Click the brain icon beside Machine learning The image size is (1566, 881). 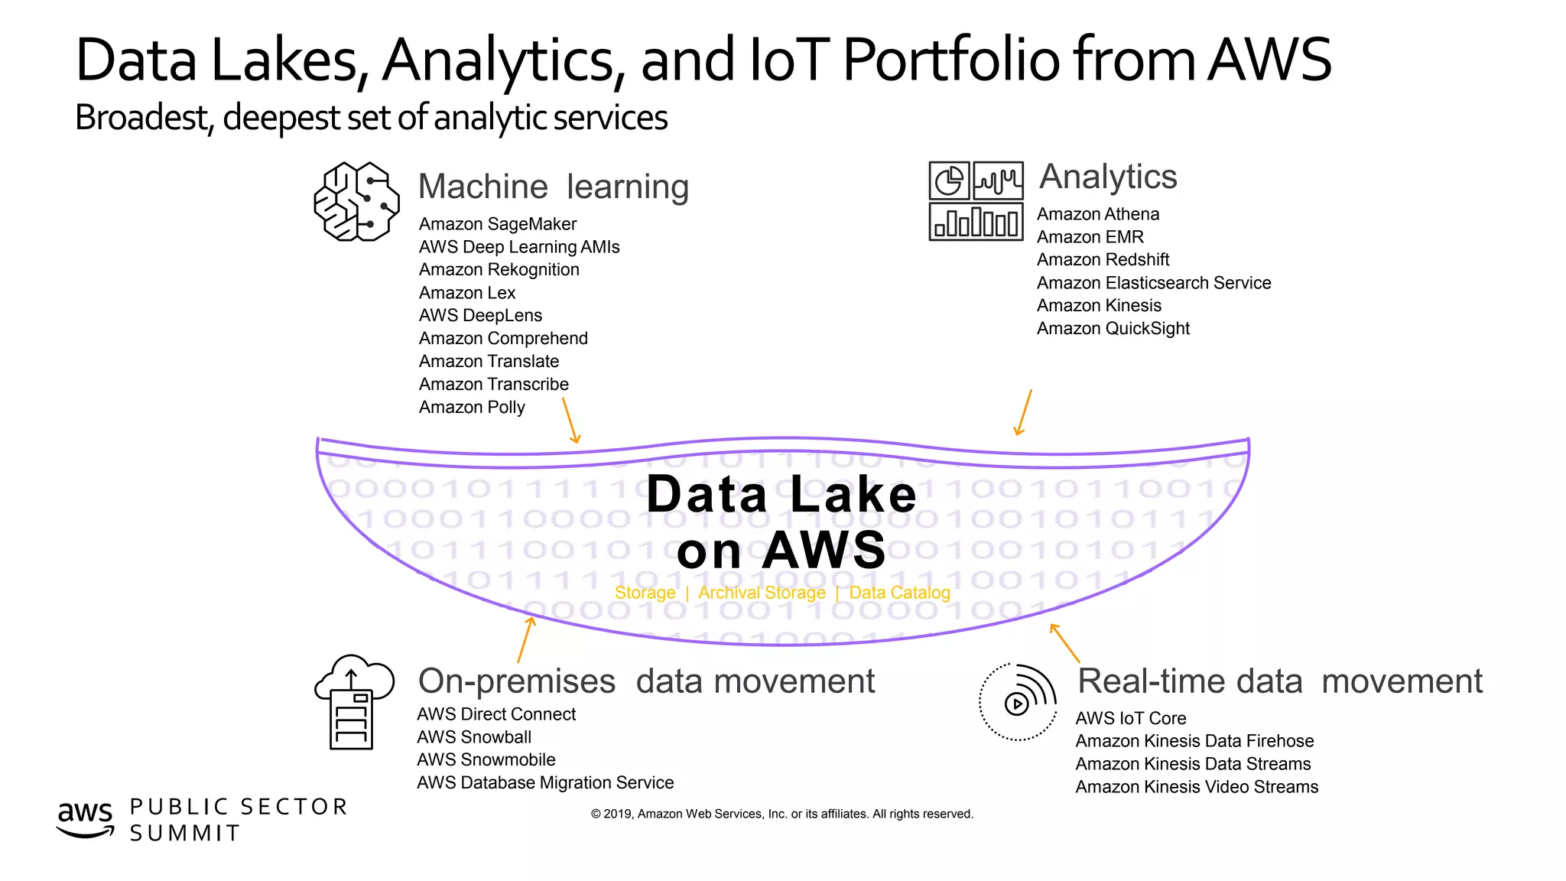pyautogui.click(x=356, y=202)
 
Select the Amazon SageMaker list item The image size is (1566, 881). pyautogui.click(x=497, y=224)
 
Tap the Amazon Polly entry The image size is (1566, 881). pyautogui.click(x=472, y=407)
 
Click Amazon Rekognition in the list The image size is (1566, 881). pyautogui.click(x=499, y=270)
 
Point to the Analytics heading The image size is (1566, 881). pyautogui.click(x=1107, y=177)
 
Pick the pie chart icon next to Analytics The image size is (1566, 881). pyautogui.click(x=949, y=181)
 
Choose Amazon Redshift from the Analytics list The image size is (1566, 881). pyautogui.click(x=1103, y=260)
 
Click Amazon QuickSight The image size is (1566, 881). pyautogui.click(x=1113, y=329)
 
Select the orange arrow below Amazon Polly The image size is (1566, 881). pyautogui.click(x=570, y=420)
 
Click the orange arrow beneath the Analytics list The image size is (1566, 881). pyautogui.click(x=1023, y=412)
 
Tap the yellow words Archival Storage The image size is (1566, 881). pyautogui.click(x=762, y=593)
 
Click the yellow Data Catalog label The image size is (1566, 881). pyautogui.click(x=899, y=593)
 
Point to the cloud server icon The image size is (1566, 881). pyautogui.click(x=353, y=701)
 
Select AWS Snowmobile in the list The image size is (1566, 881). pyautogui.click(x=486, y=760)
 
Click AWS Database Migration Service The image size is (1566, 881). pyautogui.click(x=545, y=783)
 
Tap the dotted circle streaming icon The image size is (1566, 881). pyautogui.click(x=1018, y=702)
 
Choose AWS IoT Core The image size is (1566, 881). pyautogui.click(x=1130, y=719)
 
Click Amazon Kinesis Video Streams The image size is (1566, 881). pyautogui.click(x=1196, y=787)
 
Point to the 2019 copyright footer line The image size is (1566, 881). pyautogui.click(x=781, y=814)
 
